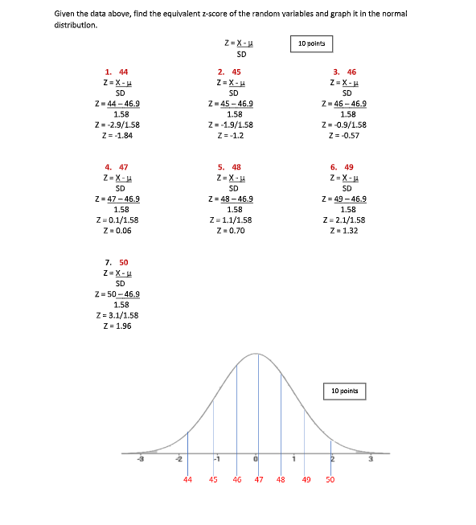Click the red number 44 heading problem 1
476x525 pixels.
(x=123, y=72)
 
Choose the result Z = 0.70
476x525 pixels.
(x=232, y=230)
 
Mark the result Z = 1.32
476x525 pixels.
(x=344, y=230)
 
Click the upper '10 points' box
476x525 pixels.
(x=310, y=43)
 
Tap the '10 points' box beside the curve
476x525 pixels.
(x=344, y=392)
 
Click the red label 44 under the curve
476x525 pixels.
(x=188, y=479)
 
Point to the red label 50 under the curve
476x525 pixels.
(x=330, y=479)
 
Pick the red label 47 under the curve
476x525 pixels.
(x=259, y=479)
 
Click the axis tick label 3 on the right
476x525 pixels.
(x=371, y=459)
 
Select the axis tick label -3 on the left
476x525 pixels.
(x=142, y=459)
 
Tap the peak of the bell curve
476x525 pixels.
(x=256, y=354)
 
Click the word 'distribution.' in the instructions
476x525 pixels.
(x=76, y=25)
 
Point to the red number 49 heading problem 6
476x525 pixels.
(x=351, y=167)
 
